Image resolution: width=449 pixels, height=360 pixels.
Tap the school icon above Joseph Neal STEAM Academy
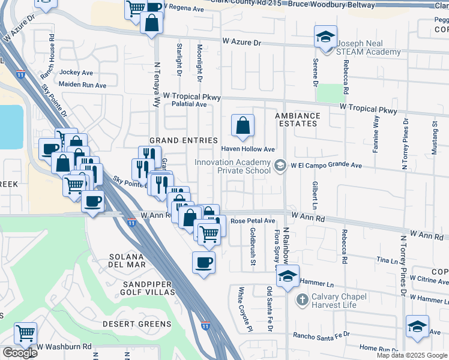click(325, 37)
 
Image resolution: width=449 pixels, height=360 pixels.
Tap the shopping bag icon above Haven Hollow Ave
click(243, 126)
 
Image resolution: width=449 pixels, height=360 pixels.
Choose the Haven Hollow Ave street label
click(248, 149)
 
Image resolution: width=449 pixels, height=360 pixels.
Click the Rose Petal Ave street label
click(252, 221)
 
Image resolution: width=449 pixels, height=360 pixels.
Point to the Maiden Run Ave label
click(82, 85)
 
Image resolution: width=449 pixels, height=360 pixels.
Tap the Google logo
click(19, 353)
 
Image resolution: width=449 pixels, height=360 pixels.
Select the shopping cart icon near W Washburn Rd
click(25, 333)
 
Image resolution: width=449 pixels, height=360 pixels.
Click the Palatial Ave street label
click(188, 104)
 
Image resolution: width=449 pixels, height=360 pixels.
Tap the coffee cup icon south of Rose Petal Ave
click(203, 262)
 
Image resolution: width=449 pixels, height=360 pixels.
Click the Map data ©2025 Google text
click(411, 355)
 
